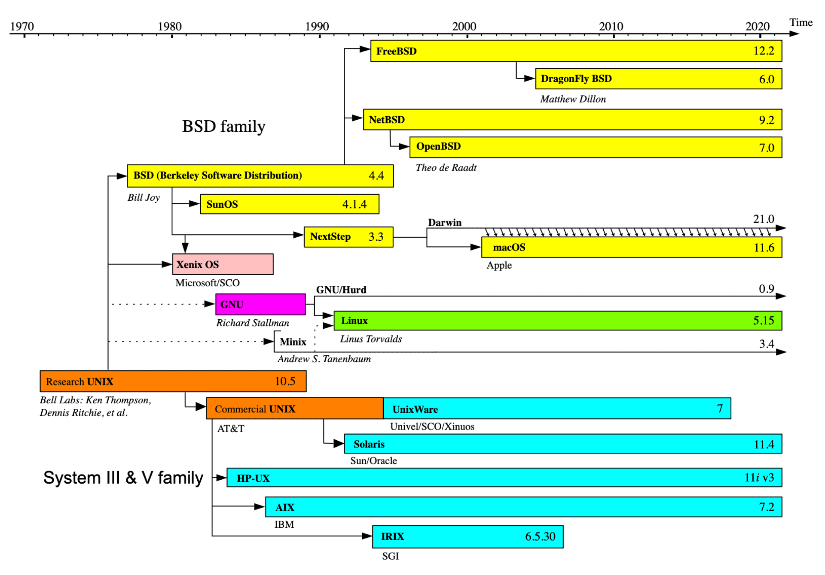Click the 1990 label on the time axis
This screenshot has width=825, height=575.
click(317, 26)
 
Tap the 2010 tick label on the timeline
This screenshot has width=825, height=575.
click(611, 26)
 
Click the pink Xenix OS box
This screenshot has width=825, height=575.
click(223, 264)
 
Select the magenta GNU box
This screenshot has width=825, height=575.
click(260, 304)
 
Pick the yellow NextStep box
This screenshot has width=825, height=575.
click(348, 237)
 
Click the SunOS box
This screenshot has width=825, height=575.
click(289, 204)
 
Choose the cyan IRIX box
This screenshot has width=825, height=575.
click(467, 536)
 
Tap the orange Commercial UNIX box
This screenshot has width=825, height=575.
click(295, 409)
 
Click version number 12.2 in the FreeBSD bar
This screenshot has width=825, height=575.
click(764, 51)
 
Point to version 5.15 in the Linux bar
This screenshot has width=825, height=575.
click(763, 321)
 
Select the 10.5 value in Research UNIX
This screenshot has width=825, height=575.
click(285, 381)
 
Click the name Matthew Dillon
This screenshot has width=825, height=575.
click(573, 99)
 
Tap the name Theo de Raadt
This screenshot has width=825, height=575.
click(446, 168)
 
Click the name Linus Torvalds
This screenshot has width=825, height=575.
click(371, 339)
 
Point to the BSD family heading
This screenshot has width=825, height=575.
click(223, 126)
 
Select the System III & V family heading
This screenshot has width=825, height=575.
click(123, 478)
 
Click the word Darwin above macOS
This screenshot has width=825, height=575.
click(444, 222)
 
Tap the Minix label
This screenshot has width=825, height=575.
click(293, 342)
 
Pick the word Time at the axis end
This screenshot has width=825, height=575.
click(801, 22)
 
